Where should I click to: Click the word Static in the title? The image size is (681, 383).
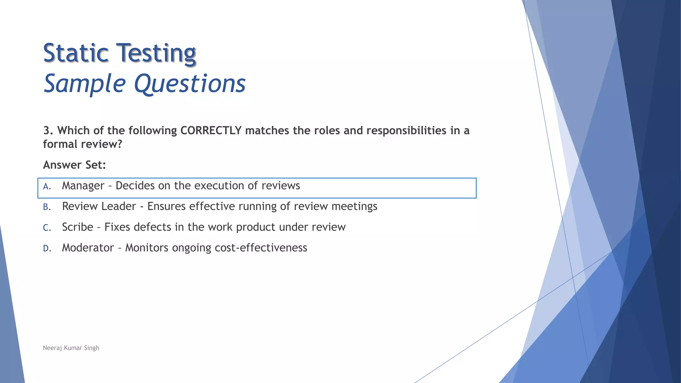point(76,53)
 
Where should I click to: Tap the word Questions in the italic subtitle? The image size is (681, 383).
point(190,84)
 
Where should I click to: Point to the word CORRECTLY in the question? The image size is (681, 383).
point(210,131)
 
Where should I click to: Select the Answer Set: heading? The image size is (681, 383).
point(74,165)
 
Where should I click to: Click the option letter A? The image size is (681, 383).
point(47,187)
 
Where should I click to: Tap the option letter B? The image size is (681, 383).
point(47,207)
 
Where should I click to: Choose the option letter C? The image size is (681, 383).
point(47,228)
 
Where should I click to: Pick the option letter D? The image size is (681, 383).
point(47,248)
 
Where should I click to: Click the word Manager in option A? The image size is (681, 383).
point(83,186)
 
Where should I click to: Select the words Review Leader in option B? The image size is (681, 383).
point(99,206)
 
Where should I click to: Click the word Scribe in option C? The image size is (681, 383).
point(77,227)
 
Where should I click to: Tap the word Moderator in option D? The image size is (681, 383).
point(88,248)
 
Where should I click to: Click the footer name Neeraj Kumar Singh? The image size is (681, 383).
point(71,348)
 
